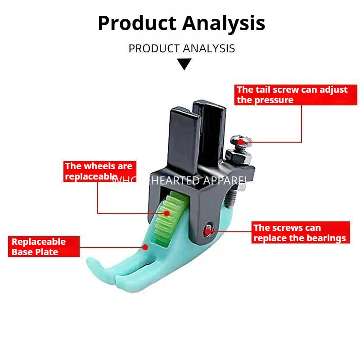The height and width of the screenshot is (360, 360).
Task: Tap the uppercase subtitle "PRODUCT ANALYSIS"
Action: (x=182, y=48)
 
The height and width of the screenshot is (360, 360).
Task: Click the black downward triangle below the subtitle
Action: (x=184, y=64)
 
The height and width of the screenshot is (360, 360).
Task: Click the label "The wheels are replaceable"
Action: (x=99, y=171)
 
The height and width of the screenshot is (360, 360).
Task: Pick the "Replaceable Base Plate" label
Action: (x=44, y=247)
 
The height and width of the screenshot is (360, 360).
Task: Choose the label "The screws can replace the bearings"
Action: (x=300, y=233)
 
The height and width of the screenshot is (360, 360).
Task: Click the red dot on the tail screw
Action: (x=241, y=142)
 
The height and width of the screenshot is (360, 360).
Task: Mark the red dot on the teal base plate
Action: (x=145, y=247)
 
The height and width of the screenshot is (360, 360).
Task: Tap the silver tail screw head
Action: (x=238, y=140)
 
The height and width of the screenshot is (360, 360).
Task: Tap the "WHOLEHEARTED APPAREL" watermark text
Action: (x=180, y=180)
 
